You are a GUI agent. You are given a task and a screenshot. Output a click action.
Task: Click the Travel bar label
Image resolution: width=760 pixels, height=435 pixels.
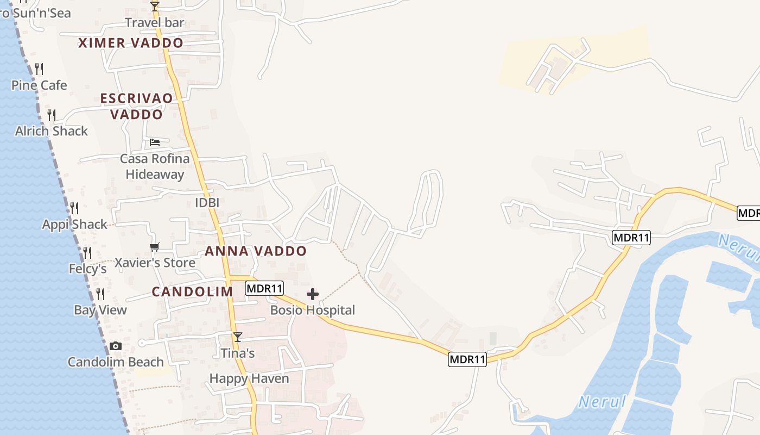click(155, 22)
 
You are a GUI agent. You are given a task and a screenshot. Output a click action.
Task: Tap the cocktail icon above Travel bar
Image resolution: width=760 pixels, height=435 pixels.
click(155, 6)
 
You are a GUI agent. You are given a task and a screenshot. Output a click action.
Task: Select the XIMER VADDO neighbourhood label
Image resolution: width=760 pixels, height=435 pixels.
click(131, 43)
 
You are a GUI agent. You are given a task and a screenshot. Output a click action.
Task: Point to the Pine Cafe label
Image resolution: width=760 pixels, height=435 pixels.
click(39, 85)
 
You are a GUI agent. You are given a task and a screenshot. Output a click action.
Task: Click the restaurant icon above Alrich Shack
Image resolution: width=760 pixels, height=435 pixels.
click(52, 115)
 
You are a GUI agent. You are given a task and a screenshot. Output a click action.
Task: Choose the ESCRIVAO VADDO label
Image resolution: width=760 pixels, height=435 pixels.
click(137, 106)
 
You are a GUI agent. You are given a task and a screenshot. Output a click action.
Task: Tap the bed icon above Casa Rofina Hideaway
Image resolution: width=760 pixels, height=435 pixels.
click(155, 142)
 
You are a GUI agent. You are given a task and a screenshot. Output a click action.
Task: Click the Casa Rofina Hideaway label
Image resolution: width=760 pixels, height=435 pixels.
click(155, 166)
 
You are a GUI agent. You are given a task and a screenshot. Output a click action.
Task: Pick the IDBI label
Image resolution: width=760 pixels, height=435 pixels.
click(207, 203)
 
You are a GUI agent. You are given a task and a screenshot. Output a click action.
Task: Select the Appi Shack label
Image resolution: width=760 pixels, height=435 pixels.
click(75, 224)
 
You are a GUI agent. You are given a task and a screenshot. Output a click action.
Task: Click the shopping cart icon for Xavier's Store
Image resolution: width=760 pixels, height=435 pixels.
click(155, 247)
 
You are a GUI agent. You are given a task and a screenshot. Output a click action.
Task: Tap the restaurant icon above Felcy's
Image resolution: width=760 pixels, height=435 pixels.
click(87, 252)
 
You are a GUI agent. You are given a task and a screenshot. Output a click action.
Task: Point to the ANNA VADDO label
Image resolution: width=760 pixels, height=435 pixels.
click(256, 251)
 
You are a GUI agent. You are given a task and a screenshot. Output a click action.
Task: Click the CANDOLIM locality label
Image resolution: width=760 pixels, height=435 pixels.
click(192, 291)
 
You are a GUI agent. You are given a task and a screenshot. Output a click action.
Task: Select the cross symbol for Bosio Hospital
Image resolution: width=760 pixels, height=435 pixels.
click(313, 294)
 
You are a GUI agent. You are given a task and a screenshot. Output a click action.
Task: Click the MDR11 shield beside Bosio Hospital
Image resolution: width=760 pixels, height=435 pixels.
click(264, 288)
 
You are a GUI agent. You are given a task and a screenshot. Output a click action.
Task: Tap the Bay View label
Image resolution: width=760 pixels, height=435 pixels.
click(100, 310)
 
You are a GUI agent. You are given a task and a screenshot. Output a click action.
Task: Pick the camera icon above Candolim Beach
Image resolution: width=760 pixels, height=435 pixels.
click(115, 346)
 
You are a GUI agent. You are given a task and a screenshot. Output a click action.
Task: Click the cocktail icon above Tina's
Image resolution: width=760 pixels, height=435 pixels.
click(237, 337)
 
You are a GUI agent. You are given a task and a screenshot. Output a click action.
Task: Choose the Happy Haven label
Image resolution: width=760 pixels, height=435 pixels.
click(249, 378)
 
